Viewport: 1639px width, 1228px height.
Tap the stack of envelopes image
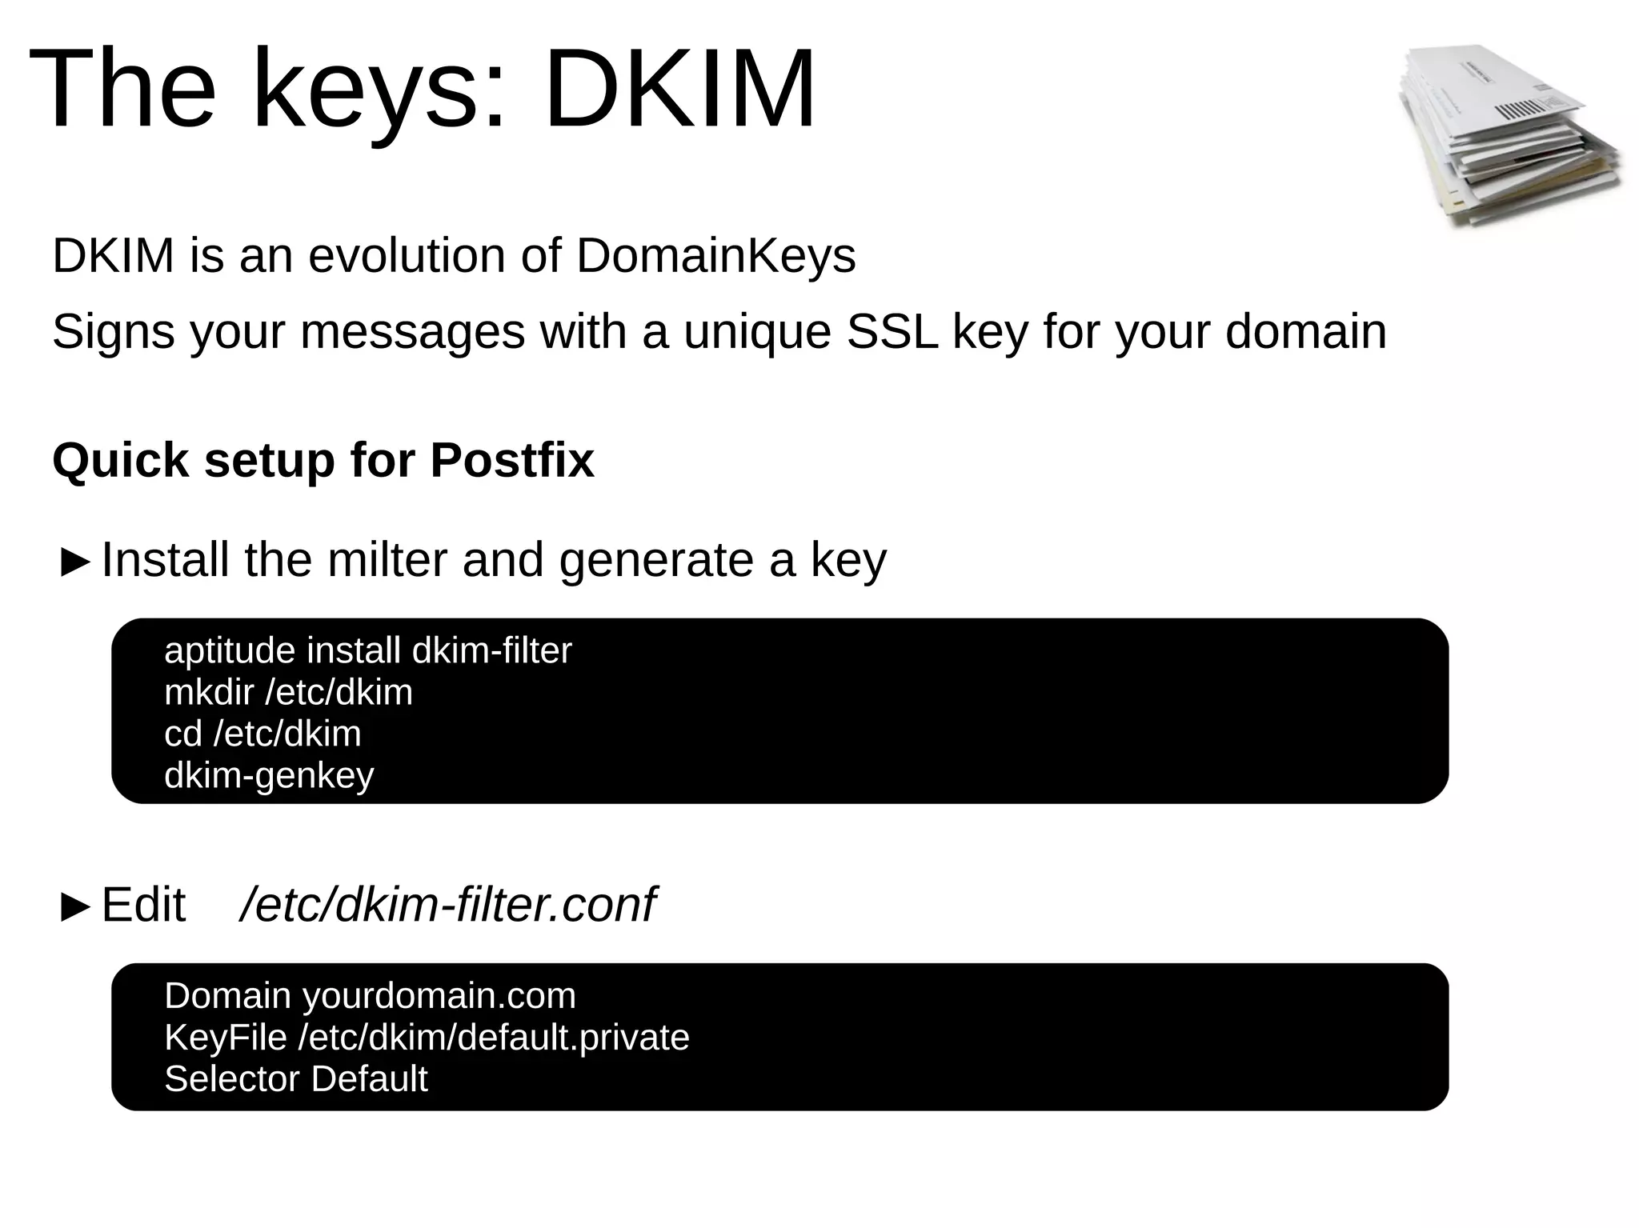(x=1509, y=136)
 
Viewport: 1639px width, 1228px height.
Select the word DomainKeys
(x=715, y=256)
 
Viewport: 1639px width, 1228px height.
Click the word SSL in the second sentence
(x=892, y=332)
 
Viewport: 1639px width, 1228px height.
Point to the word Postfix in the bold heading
(x=512, y=461)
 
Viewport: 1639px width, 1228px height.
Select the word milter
(x=387, y=560)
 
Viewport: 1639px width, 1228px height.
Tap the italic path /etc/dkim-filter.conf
(x=447, y=906)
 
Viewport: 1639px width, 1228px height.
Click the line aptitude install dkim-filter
(x=367, y=651)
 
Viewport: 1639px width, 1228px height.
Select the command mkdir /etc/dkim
(x=288, y=693)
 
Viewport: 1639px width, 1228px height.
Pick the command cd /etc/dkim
(x=262, y=734)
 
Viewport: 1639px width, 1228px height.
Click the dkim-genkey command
(x=269, y=776)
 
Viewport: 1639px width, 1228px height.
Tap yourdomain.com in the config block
(x=439, y=997)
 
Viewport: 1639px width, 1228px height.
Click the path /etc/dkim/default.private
(x=493, y=1038)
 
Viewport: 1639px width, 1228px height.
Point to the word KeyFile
(x=225, y=1038)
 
